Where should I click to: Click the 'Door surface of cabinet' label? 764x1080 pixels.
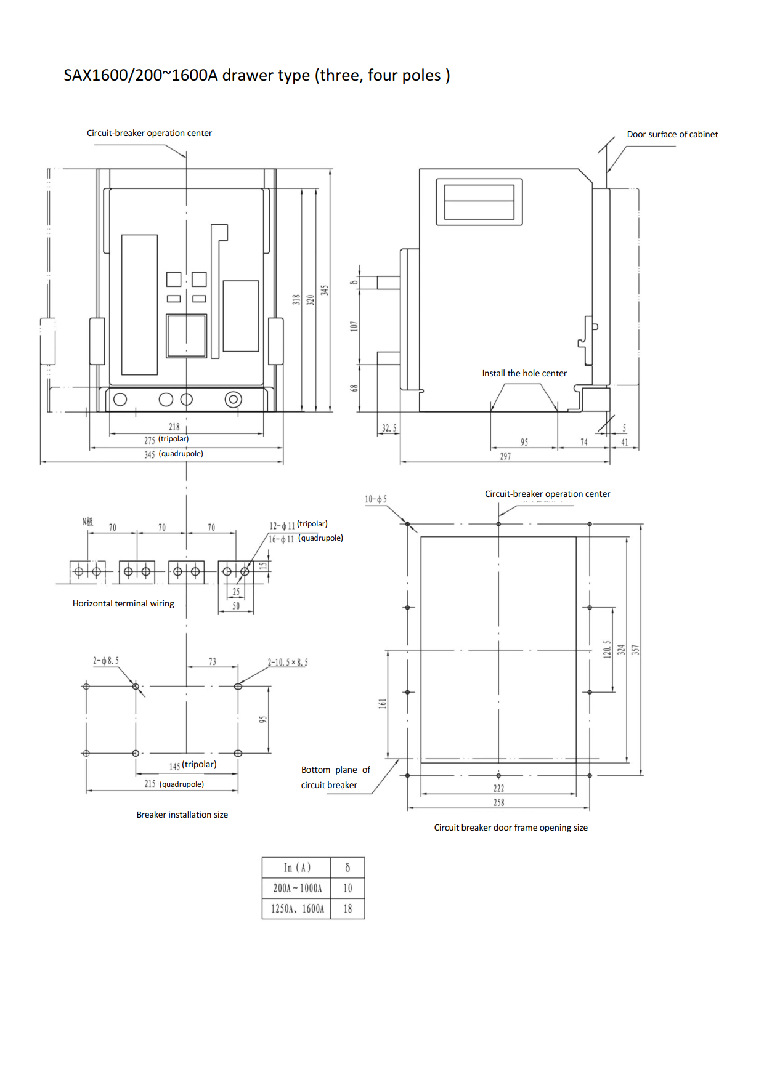click(672, 134)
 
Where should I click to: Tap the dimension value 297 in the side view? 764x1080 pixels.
click(505, 456)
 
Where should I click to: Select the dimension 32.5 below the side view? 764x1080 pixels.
click(389, 428)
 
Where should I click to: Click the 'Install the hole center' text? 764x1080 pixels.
click(524, 373)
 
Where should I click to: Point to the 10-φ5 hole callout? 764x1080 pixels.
click(376, 499)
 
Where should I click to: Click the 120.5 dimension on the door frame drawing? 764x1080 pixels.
click(607, 649)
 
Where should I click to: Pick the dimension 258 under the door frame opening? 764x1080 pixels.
click(498, 802)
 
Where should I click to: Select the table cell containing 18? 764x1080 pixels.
click(347, 909)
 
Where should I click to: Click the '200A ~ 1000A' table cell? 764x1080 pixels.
click(297, 888)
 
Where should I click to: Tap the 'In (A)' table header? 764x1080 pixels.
click(297, 868)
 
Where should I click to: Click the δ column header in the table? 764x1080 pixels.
click(347, 868)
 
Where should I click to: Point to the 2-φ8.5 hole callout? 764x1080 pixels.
click(106, 661)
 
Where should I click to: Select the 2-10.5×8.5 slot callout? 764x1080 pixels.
click(288, 663)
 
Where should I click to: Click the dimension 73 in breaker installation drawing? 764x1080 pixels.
click(213, 661)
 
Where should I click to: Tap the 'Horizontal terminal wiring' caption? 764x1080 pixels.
click(123, 603)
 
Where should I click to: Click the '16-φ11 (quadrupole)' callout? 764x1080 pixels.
click(306, 538)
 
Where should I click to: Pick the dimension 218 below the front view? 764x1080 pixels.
click(174, 427)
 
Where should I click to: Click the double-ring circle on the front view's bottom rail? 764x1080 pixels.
click(233, 400)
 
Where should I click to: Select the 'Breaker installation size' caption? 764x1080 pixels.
click(182, 815)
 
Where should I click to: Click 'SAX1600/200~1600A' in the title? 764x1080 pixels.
click(140, 75)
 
